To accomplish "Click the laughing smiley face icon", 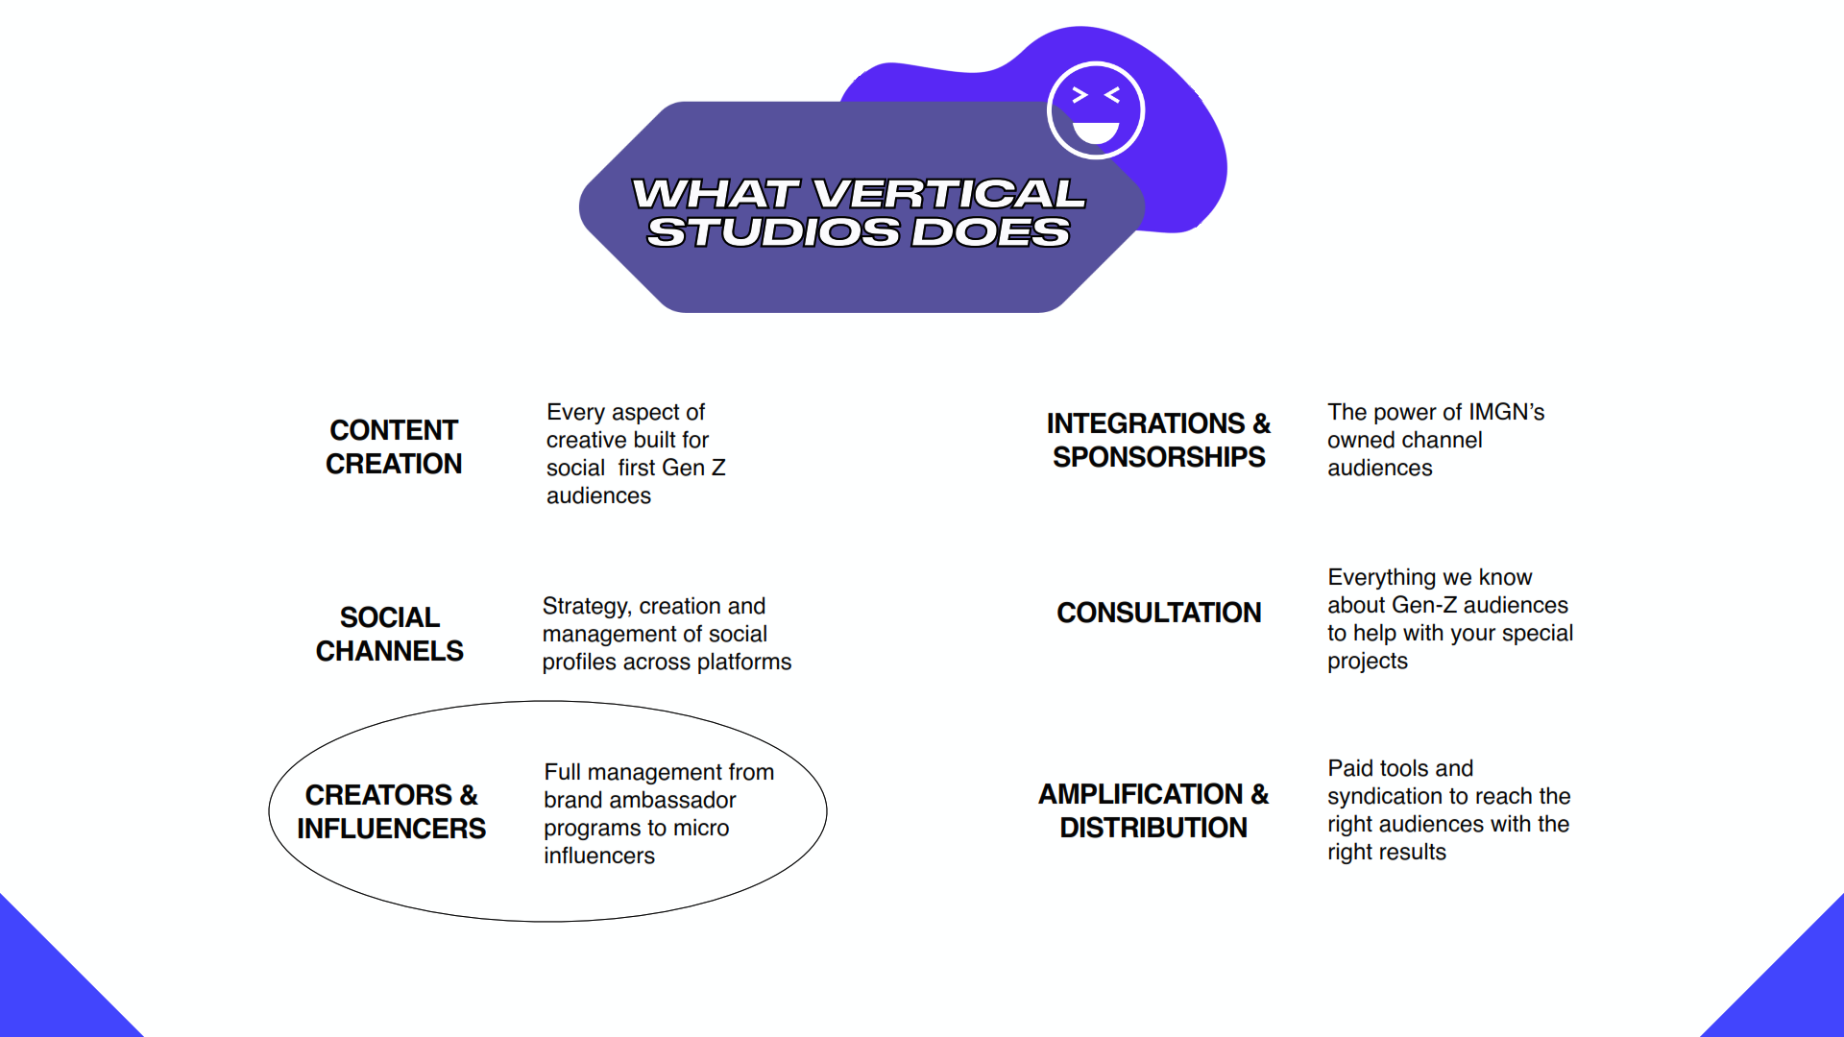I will (1096, 110).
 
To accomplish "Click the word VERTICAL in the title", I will (949, 194).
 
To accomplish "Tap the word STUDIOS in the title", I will (773, 232).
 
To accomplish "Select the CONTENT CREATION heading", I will (394, 446).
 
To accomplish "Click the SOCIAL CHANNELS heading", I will (389, 634).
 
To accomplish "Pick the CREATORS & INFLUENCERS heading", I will (391, 811).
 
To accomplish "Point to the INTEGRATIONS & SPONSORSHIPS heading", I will (1158, 440).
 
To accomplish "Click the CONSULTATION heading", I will (1158, 613).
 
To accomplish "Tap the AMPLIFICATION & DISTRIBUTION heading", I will (1153, 810).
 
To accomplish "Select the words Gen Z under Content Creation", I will (693, 468).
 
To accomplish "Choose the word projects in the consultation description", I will (1368, 662).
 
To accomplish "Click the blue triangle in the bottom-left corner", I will (48, 989).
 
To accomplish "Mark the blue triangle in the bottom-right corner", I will (1796, 989).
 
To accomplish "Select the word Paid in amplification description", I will (1348, 768).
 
